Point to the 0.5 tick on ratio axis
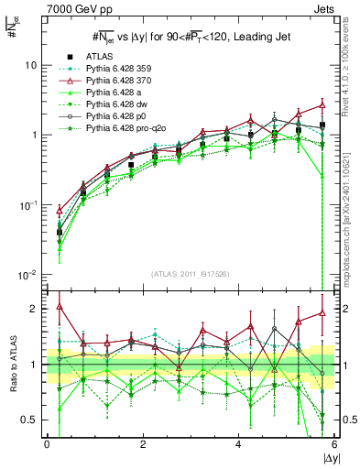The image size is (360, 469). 31,420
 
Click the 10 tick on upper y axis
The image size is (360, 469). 30,66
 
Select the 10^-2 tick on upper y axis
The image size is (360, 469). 27,275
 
